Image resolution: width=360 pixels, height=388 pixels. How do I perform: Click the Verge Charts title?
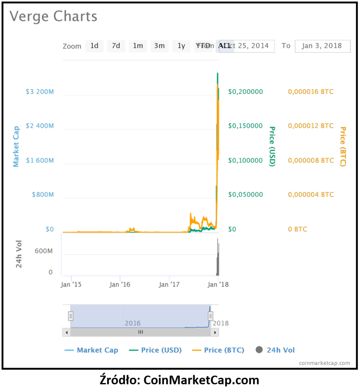(53, 17)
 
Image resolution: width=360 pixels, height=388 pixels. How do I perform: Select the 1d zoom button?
(94, 46)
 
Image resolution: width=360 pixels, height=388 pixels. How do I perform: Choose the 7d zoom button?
(116, 46)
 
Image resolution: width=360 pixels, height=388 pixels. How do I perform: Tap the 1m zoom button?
(138, 46)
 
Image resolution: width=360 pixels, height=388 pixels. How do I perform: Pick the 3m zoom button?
(159, 46)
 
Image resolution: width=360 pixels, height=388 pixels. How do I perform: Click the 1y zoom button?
(181, 46)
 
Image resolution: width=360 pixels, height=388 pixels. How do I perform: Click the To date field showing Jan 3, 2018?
(322, 46)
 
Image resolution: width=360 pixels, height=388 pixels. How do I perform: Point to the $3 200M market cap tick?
(40, 92)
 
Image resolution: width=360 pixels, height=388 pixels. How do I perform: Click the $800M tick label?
(42, 195)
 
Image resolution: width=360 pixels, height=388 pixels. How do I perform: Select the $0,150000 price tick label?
(245, 126)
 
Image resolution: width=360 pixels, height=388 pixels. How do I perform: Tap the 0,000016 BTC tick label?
(311, 92)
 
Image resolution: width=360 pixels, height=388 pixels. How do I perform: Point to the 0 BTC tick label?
(297, 229)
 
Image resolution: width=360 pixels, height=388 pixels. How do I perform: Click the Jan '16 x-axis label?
(120, 284)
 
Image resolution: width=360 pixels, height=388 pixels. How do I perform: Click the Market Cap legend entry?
(92, 350)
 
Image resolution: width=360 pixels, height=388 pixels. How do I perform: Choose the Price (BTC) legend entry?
(218, 350)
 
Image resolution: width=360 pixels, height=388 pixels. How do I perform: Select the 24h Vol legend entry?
(275, 350)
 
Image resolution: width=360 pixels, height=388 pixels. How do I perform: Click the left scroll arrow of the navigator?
(66, 332)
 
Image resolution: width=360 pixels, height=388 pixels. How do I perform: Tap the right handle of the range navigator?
(210, 316)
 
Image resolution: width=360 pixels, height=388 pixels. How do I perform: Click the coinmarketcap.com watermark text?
(324, 363)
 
